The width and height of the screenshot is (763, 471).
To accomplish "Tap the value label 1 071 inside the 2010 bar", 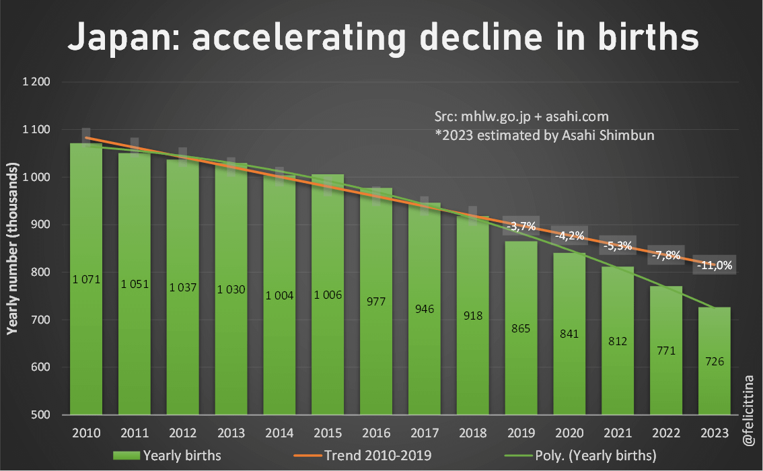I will [x=86, y=279].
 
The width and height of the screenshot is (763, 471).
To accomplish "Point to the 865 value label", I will [x=521, y=329].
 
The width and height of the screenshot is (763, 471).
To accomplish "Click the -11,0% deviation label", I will [x=714, y=266].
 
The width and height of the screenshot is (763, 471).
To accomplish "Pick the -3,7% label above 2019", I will [x=521, y=227].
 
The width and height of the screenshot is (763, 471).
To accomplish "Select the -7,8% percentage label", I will [x=665, y=256].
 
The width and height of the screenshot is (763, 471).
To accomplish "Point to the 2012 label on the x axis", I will [x=182, y=432].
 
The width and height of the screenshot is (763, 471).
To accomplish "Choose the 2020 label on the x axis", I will [x=569, y=432].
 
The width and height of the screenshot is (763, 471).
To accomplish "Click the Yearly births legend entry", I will [x=168, y=456].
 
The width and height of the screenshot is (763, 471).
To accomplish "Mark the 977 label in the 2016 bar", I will [x=376, y=301].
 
